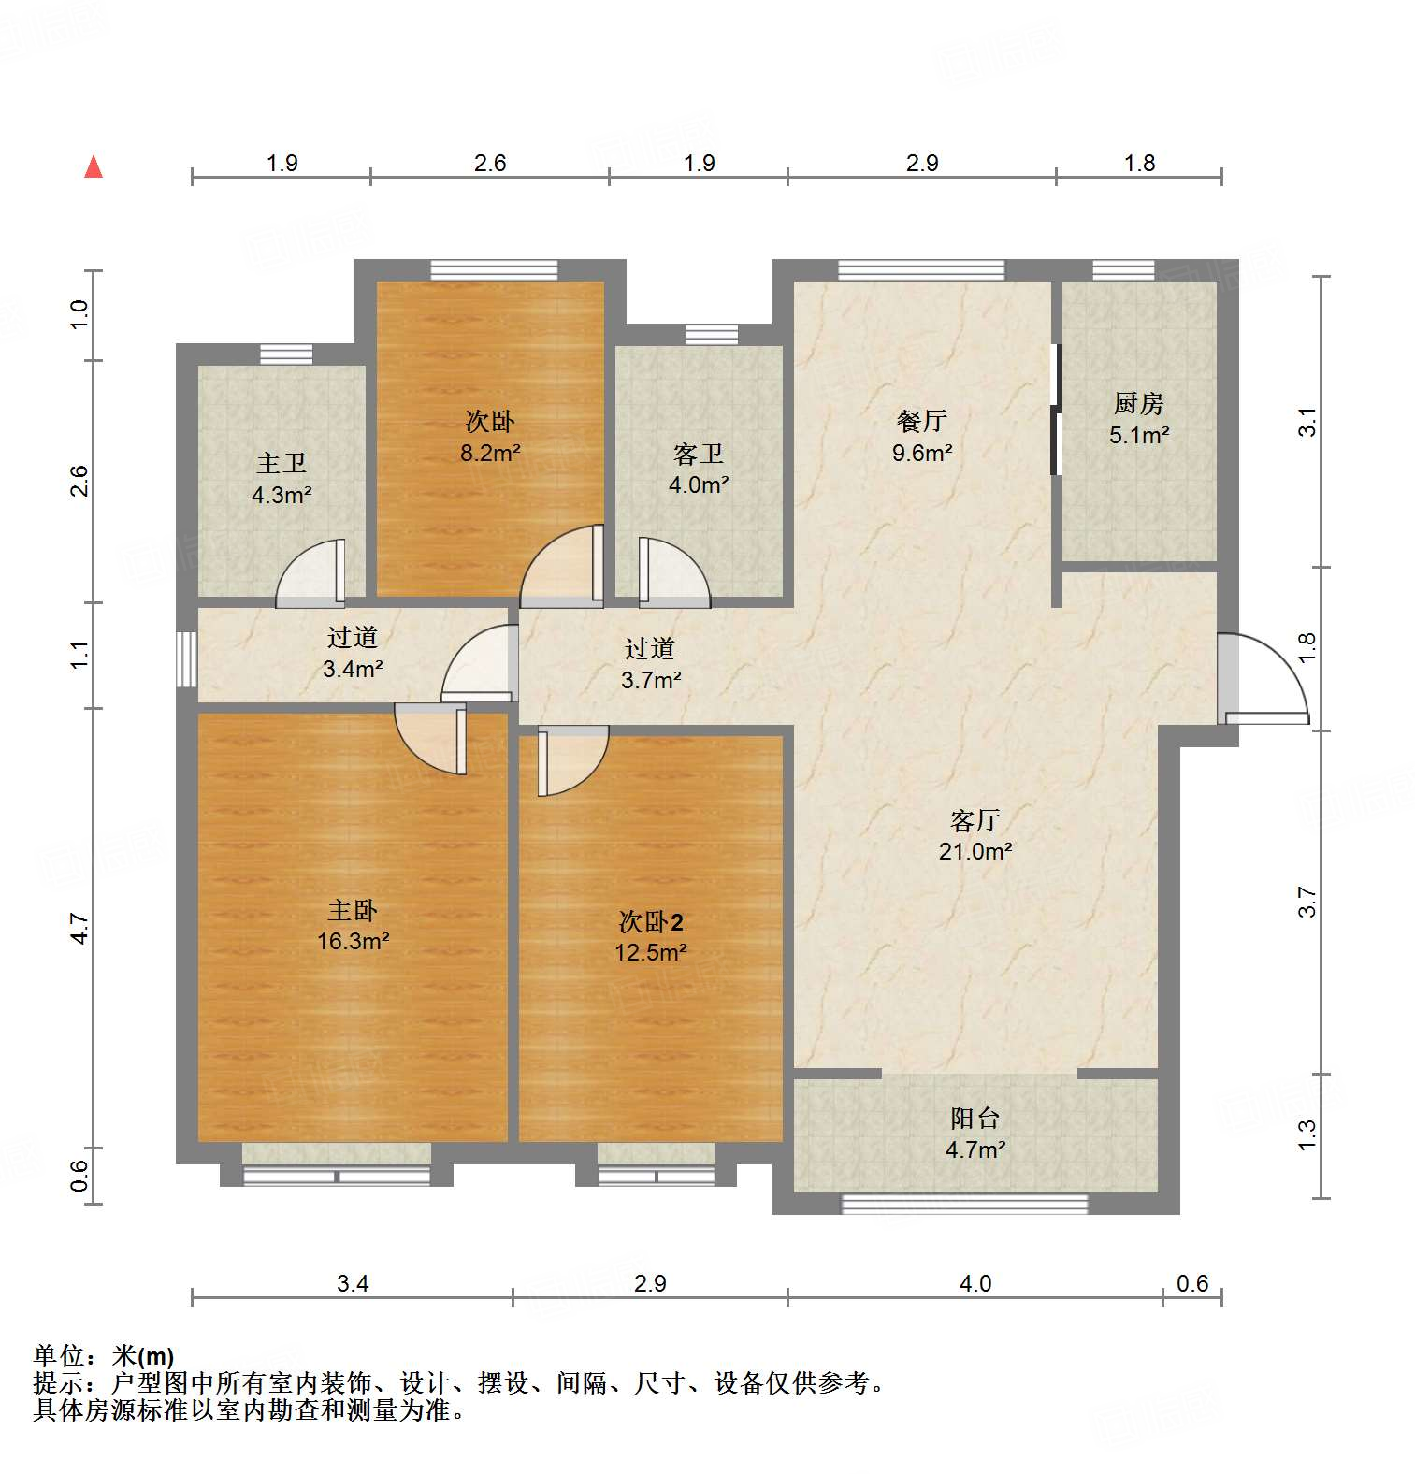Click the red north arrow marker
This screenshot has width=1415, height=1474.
point(94,167)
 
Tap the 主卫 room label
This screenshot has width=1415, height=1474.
point(282,463)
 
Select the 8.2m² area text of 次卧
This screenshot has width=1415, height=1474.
point(490,453)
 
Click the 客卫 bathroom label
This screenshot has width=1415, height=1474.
point(699,455)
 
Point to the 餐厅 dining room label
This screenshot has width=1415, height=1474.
point(922,421)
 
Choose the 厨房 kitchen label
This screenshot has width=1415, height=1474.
point(1139,403)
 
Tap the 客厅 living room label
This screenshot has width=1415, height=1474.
point(975,820)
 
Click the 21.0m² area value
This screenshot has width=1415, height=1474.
point(975,851)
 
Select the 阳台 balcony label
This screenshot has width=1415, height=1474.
point(975,1118)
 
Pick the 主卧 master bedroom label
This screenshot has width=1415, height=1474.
point(353,910)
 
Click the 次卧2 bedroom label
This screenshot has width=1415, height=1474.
point(651,922)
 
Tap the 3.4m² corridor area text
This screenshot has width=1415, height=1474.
point(353,669)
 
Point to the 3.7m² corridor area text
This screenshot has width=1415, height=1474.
point(651,680)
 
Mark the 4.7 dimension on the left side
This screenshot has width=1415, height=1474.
point(80,928)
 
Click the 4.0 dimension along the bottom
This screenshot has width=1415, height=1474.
point(975,1283)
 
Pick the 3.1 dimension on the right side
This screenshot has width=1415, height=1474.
point(1307,422)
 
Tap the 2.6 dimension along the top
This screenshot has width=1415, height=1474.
point(490,164)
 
